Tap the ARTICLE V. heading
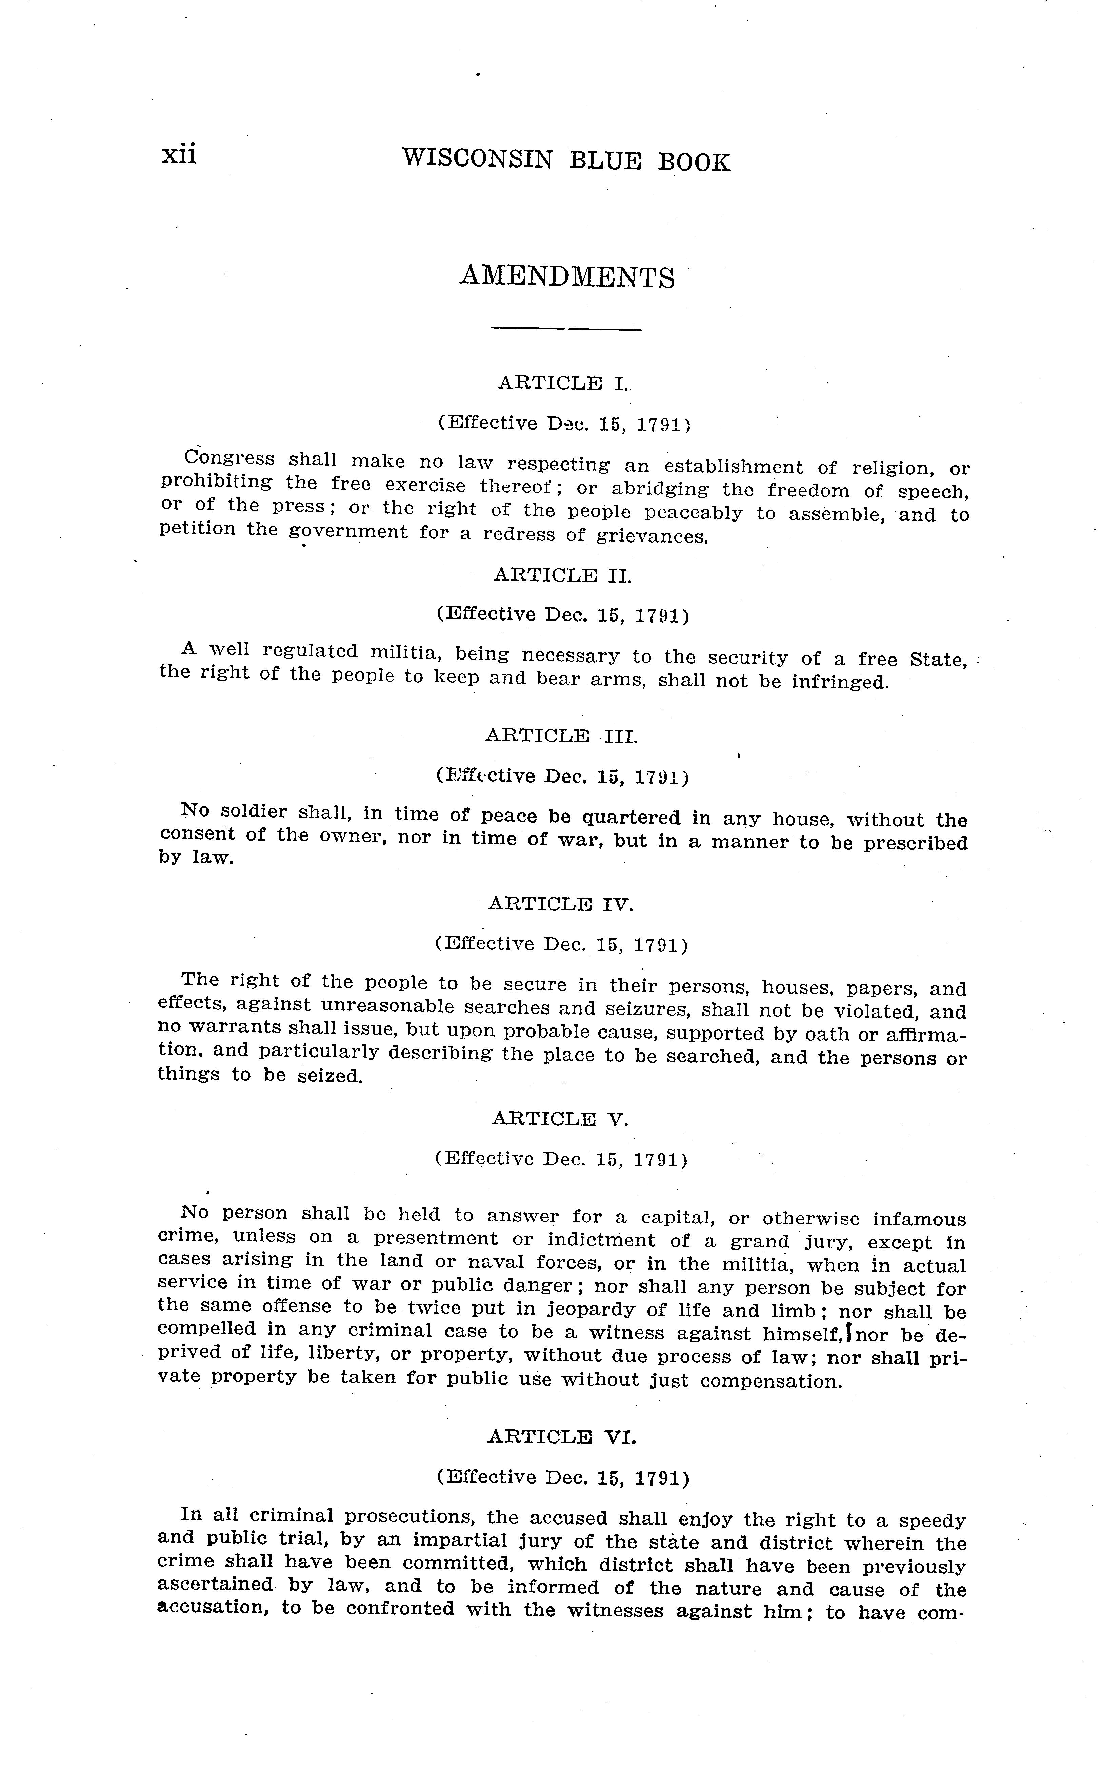coord(559,1118)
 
